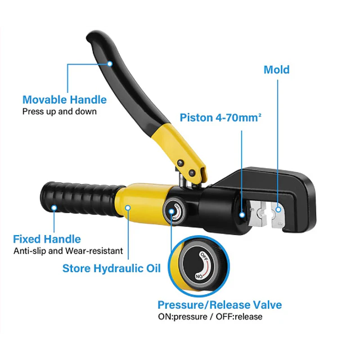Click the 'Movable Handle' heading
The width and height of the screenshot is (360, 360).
click(65, 100)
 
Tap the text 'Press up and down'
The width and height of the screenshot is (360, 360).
click(60, 111)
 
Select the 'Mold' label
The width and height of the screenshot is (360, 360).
click(276, 70)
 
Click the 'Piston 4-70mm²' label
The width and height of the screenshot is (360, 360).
click(220, 118)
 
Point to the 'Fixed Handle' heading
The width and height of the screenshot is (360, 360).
click(47, 239)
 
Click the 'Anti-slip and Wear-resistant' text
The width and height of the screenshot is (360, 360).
click(68, 251)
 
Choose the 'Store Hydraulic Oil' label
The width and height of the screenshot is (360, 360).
click(111, 268)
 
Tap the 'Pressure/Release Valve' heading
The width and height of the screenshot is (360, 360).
click(220, 305)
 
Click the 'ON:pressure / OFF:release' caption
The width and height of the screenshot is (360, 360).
click(210, 317)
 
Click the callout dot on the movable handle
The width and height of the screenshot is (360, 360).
click(110, 64)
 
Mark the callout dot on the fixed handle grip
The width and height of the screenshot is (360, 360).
click(54, 208)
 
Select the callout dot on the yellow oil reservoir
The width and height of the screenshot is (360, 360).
click(128, 208)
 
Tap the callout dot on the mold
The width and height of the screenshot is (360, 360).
click(278, 209)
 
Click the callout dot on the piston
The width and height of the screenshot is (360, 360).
click(242, 215)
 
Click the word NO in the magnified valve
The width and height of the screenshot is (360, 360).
click(199, 276)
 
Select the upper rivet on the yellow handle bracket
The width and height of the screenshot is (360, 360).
click(181, 163)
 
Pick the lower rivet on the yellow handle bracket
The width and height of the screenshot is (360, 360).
click(192, 173)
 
